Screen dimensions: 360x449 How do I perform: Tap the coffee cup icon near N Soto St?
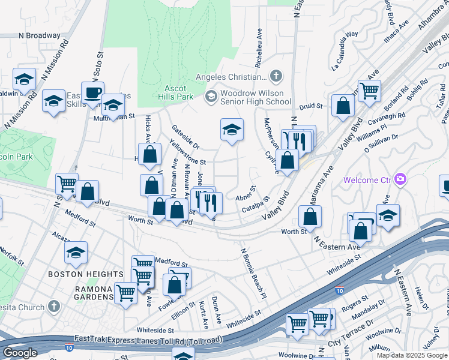click(x=92, y=93)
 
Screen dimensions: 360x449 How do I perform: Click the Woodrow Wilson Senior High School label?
click(x=255, y=97)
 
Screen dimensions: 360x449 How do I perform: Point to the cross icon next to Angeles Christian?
click(x=276, y=76)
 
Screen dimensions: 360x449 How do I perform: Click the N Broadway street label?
click(x=40, y=35)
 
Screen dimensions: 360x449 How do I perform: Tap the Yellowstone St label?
click(x=188, y=153)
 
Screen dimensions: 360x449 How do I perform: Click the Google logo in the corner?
click(x=20, y=353)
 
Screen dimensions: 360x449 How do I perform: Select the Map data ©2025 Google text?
click(x=412, y=355)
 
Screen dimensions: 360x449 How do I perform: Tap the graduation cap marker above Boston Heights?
click(x=76, y=252)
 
